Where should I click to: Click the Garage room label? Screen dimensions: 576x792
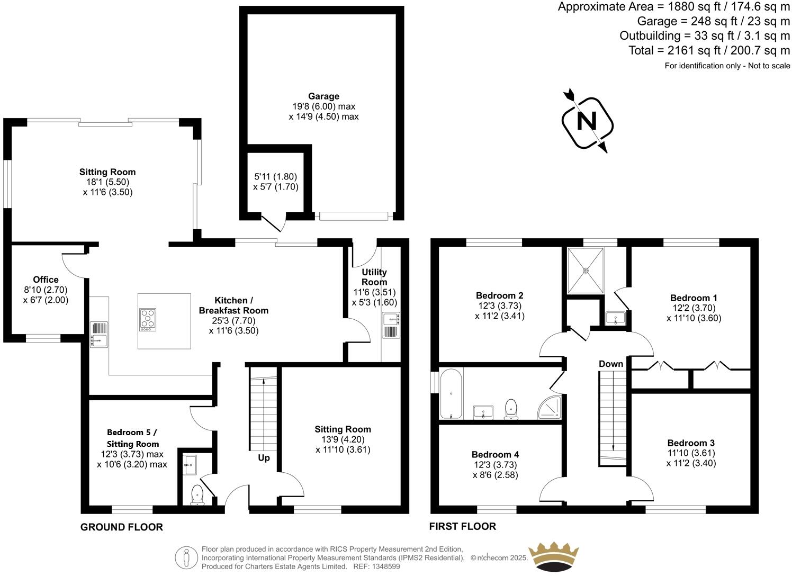pos(323,96)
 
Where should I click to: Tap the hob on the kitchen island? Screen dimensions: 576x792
pos(148,320)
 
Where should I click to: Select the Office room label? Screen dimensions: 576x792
pos(46,280)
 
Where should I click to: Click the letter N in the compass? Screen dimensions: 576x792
pos(586,121)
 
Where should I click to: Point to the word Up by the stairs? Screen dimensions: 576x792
pos(264,457)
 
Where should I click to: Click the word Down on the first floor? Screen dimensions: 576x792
pos(611,364)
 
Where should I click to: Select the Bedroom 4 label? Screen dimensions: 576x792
pos(495,454)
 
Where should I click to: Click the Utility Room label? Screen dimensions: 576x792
pos(374,277)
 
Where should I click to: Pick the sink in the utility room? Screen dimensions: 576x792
pos(391,318)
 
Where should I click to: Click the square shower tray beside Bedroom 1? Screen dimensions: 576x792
pos(586,271)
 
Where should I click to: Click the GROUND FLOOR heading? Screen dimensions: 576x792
pos(121,527)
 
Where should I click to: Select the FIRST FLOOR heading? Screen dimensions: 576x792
pos(462,526)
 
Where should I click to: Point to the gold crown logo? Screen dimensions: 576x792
pos(554,556)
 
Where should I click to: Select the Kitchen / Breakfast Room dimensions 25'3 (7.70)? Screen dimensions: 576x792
pos(233,320)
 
